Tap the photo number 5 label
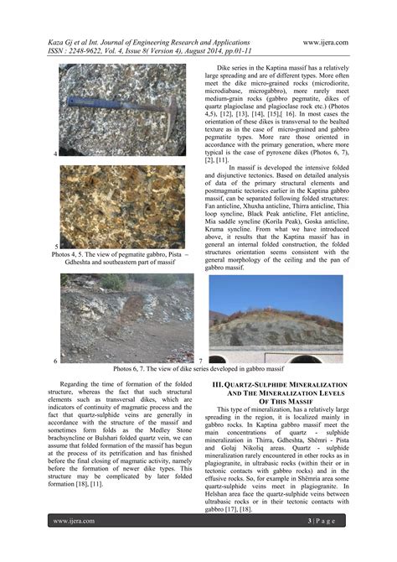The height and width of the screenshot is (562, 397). [55, 246]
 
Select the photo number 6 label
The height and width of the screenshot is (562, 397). [55, 360]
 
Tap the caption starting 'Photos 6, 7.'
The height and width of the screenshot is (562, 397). [199, 368]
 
